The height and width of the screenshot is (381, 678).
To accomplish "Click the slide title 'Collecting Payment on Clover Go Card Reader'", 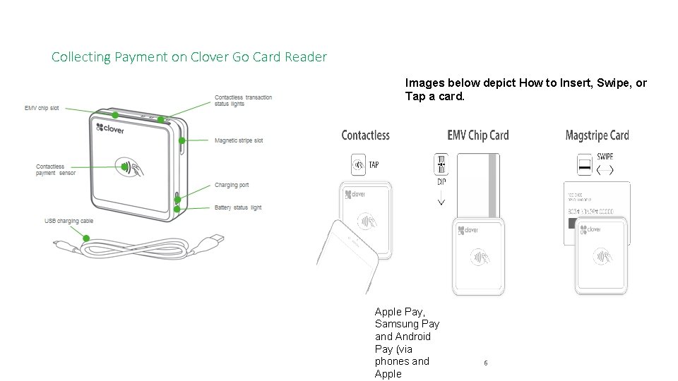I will point(189,57).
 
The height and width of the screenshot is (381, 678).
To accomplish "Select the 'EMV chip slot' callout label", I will point(42,109).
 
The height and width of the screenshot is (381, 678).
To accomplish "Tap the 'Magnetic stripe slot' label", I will point(239,141).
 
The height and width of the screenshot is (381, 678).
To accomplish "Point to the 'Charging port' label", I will point(232,186).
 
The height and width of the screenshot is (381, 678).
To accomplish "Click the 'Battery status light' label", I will point(238,207).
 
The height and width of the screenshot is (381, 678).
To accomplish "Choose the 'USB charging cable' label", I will point(69,222).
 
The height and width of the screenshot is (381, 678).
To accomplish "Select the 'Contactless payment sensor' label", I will point(56,170).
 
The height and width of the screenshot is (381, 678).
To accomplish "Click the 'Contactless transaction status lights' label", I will point(243,101).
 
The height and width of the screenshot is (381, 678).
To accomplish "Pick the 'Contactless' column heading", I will point(365,135).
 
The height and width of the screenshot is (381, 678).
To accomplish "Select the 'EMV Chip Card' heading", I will point(477,135).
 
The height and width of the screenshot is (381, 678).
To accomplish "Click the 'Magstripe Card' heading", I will point(597,135).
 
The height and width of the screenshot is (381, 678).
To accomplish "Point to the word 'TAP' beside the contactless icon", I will point(374,165).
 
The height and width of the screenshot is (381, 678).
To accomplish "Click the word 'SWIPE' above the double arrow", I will point(605,157).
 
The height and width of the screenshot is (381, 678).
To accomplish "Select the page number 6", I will point(485,363).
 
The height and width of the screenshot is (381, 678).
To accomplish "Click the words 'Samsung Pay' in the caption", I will point(407,324).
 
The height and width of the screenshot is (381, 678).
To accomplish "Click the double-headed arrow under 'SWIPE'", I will point(605,170).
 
